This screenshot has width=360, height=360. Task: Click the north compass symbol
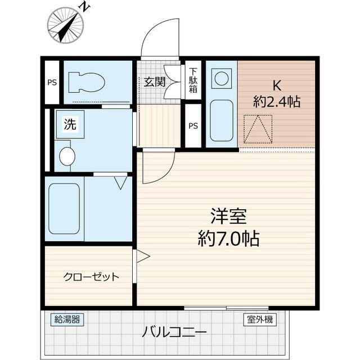(x=66, y=24)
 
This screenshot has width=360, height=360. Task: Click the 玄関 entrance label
(x=154, y=82)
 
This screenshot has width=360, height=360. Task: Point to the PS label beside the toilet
(x=52, y=83)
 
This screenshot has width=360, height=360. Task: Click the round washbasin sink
(x=67, y=156)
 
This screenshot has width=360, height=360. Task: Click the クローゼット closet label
(x=91, y=276)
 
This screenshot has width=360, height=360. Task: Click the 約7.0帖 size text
(x=228, y=240)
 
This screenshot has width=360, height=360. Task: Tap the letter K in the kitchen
(x=276, y=86)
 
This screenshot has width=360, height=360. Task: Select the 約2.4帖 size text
(x=276, y=102)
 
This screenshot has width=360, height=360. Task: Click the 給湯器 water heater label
(x=67, y=319)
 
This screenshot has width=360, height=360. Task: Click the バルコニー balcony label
(x=166, y=331)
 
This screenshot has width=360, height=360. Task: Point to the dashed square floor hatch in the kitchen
(x=258, y=129)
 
